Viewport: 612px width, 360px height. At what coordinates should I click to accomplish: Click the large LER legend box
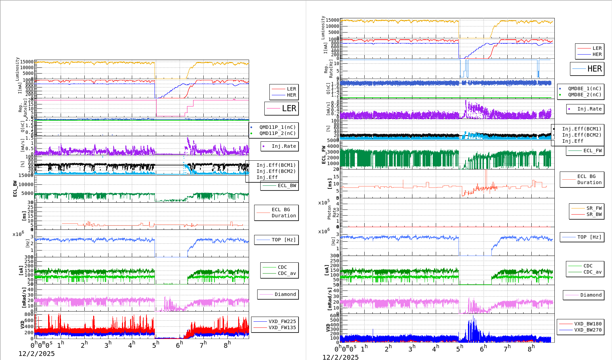pyautogui.click(x=282, y=108)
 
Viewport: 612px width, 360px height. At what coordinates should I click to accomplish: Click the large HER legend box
pyautogui.click(x=587, y=69)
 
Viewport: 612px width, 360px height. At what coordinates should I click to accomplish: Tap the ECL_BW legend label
pyautogui.click(x=286, y=185)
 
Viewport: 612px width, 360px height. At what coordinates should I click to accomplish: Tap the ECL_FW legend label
pyautogui.click(x=592, y=151)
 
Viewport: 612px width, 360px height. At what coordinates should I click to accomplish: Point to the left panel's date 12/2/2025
pyautogui.click(x=37, y=354)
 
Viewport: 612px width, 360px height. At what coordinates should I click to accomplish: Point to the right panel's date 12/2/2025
pyautogui.click(x=341, y=357)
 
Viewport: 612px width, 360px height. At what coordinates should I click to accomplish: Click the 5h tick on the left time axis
pyautogui.click(x=156, y=345)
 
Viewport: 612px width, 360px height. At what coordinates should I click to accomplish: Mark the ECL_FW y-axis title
pyautogui.click(x=324, y=155)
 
